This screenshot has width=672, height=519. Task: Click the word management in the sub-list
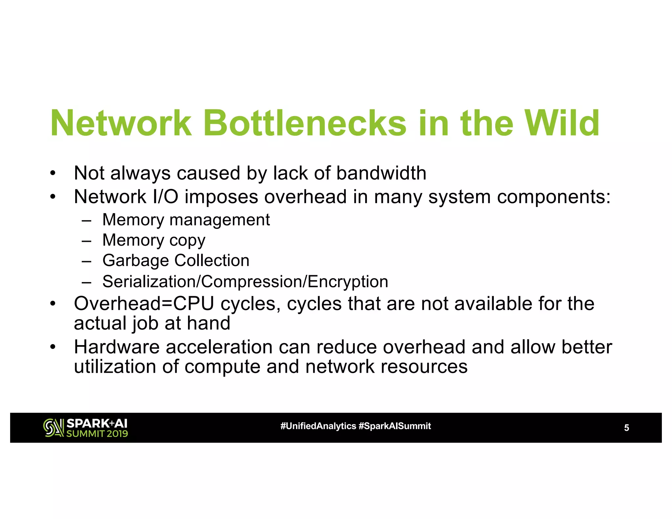pyautogui.click(x=220, y=219)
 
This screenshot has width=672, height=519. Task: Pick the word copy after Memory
pyautogui.click(x=187, y=240)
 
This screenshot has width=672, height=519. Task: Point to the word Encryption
pyautogui.click(x=348, y=281)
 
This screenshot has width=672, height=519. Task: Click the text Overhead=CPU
pyautogui.click(x=144, y=303)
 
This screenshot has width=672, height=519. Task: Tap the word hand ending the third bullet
pyautogui.click(x=209, y=323)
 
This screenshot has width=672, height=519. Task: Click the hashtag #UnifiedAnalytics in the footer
pyautogui.click(x=318, y=426)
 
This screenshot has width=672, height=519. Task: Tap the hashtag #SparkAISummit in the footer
pyautogui.click(x=395, y=426)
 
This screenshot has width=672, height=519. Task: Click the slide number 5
pyautogui.click(x=626, y=428)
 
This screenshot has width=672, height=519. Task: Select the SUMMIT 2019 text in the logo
pyautogui.click(x=97, y=434)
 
